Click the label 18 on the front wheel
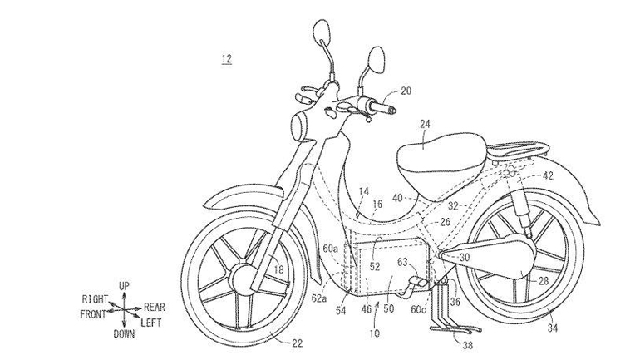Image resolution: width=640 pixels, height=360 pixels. tap(278, 270)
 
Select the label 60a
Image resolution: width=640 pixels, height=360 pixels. tap(331, 247)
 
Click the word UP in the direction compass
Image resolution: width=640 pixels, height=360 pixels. tap(124, 286)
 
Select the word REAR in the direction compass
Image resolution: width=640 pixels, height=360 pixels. tap(154, 305)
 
